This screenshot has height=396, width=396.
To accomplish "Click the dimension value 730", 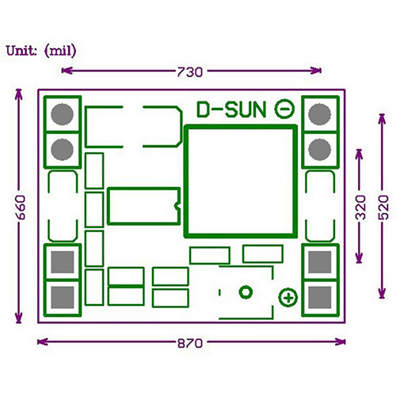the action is tap(190, 72).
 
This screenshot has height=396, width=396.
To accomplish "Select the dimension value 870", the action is tap(190, 344).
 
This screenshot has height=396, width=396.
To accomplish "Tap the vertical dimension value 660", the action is tap(21, 208).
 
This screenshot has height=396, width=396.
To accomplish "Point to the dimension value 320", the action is tap(361, 208).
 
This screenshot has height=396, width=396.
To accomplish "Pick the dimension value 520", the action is tap(383, 208).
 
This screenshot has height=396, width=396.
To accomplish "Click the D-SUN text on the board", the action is tap(231, 110).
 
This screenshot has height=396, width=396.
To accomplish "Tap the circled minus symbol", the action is tap(284, 109).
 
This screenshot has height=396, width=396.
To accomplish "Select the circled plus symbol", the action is tap(288, 298).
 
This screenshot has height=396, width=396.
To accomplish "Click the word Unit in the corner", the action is tap(21, 51).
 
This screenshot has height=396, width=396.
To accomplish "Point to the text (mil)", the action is tap(60, 51).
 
